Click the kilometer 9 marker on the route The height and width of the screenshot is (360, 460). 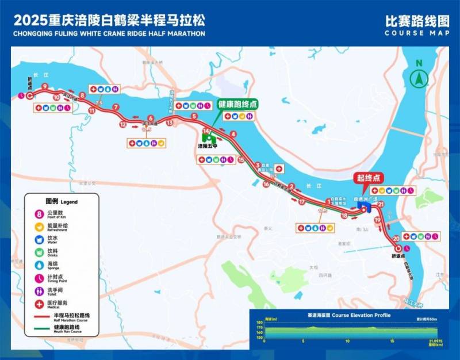pos(44,86)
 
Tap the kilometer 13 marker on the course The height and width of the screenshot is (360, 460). pos(169,122)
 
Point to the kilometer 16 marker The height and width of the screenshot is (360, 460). pos(266,185)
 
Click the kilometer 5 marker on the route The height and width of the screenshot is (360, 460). pos(194,117)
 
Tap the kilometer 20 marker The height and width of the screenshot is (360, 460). pos(396,238)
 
